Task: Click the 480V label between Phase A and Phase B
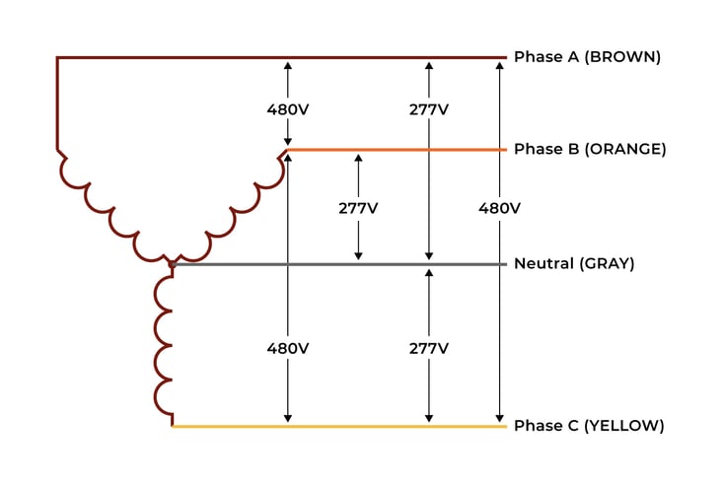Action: point(287,109)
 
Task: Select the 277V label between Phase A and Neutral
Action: point(428,109)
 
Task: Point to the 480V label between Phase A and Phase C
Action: point(499,208)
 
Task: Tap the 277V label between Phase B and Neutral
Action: point(358,208)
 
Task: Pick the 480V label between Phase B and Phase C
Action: point(287,348)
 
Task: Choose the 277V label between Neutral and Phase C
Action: point(428,348)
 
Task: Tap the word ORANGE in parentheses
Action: point(625,150)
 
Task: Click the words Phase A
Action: point(545,57)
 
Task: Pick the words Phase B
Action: point(545,150)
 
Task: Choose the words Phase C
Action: point(545,426)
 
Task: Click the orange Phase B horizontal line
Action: point(395,150)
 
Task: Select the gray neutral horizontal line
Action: point(326,264)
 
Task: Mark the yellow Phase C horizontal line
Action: point(335,426)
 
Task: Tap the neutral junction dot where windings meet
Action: point(172,264)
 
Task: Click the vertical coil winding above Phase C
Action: point(162,345)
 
